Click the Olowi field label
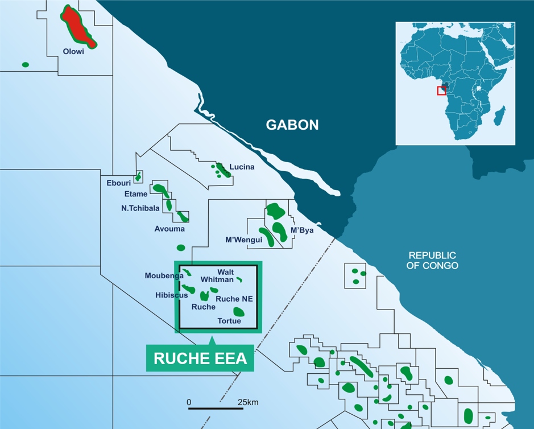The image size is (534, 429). [x=73, y=52]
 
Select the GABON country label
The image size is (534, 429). [x=293, y=125]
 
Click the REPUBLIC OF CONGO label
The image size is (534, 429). [x=432, y=261]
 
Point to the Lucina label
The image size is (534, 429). [x=242, y=167]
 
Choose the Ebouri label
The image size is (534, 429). [x=119, y=183]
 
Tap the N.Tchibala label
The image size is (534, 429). [x=140, y=208]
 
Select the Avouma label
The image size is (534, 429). [x=169, y=229]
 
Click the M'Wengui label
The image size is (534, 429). [x=244, y=240]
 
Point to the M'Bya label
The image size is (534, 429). [x=302, y=230]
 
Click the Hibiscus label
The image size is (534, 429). [x=171, y=295]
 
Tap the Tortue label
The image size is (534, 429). [x=229, y=321]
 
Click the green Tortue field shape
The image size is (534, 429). [x=239, y=311]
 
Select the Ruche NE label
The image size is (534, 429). [x=234, y=299]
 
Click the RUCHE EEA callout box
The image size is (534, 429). [x=200, y=358]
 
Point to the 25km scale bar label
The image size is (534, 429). [x=248, y=402]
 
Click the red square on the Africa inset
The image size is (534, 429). [x=441, y=90]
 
